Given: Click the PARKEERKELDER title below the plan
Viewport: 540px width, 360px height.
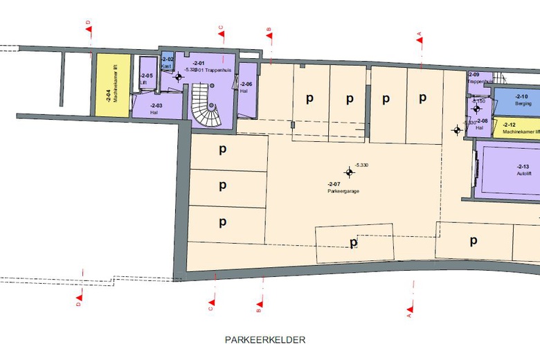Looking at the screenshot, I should [x=265, y=340].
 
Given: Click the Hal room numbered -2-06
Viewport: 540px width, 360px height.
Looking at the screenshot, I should [x=246, y=87].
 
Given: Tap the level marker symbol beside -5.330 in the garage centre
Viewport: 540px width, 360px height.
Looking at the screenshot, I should [x=349, y=172].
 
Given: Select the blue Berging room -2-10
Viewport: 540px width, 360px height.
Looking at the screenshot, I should [x=521, y=99].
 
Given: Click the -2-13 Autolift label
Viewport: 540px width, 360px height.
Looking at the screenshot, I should [x=523, y=170].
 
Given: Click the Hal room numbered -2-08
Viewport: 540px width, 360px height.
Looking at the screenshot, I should [x=482, y=123].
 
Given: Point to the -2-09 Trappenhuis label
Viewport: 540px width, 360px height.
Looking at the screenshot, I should [x=477, y=78].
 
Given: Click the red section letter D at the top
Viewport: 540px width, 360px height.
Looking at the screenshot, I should [x=89, y=23].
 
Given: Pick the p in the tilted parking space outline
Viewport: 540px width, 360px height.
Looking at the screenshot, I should [x=353, y=242].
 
